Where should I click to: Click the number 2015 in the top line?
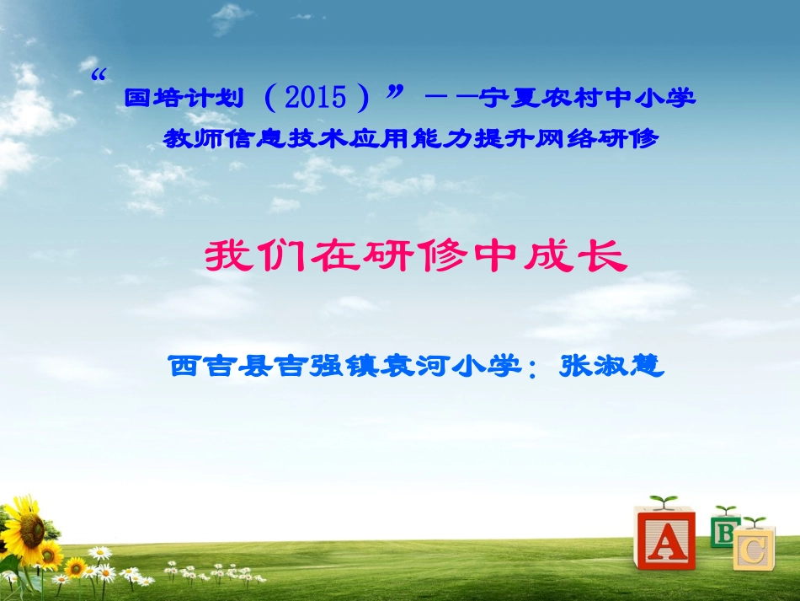(x=316, y=98)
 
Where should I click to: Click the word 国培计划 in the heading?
(x=184, y=98)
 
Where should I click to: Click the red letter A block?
(x=664, y=539)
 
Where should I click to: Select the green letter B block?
(x=723, y=530)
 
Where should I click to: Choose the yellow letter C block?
(x=754, y=550)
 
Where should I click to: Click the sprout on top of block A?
(x=664, y=502)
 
